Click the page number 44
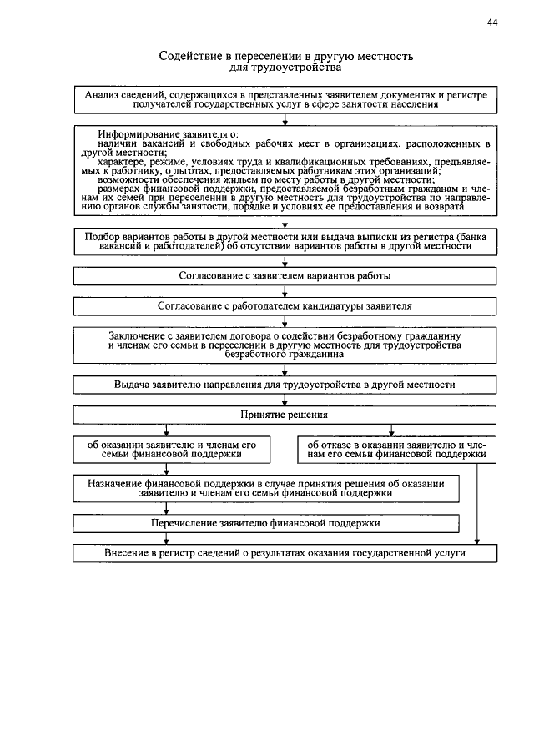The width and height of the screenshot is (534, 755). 492,23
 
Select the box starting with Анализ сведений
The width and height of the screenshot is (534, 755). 285,101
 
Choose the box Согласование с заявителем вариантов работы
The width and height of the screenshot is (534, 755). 285,274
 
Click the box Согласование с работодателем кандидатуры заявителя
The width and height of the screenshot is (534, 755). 285,306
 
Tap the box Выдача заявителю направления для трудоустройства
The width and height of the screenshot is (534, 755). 285,385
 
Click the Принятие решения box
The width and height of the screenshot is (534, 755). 285,415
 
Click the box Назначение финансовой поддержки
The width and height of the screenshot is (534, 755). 267,488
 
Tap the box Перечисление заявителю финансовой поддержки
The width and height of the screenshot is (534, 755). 267,524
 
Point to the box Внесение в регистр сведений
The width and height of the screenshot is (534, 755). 285,553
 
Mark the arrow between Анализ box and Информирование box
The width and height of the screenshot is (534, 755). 285,119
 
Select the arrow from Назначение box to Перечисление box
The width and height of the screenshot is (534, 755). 166,508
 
